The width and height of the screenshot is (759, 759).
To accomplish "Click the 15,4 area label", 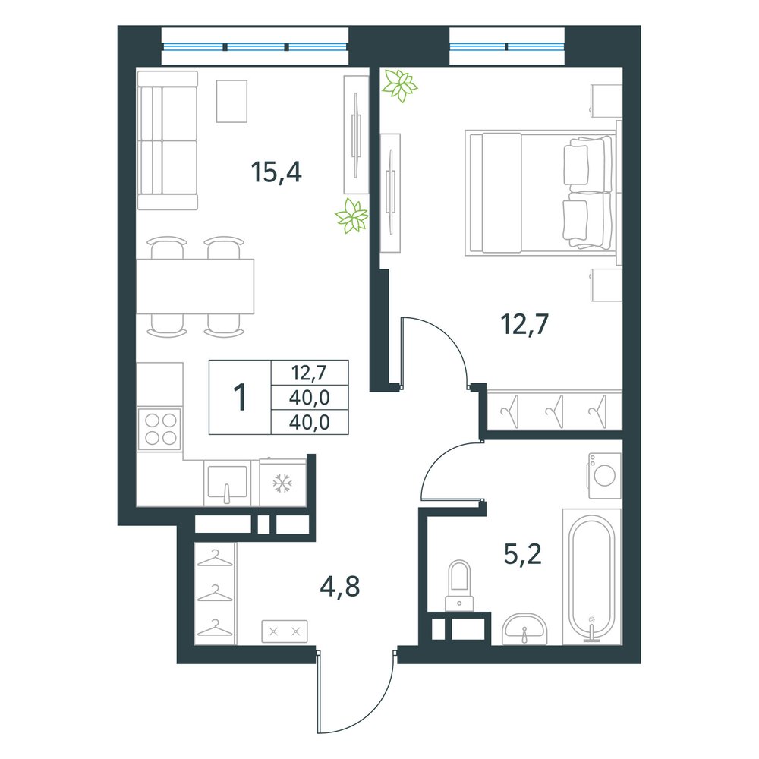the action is coord(276,172).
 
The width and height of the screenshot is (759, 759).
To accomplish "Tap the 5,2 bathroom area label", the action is coord(522,554).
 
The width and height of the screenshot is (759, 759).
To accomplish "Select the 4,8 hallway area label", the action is coord(340,587).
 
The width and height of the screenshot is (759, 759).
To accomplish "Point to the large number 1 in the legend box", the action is coord(240,397).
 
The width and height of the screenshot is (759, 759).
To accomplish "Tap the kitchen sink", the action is coord(227,483).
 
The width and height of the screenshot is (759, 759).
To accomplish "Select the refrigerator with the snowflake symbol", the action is coord(282,483).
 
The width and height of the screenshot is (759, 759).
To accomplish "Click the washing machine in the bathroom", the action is coord(605,476).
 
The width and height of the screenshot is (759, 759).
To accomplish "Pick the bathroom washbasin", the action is coord(524,629).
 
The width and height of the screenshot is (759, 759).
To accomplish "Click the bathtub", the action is coord(591,577).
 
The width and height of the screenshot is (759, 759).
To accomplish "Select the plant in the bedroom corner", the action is coord(399,85).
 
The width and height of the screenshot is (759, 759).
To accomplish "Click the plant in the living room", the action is coord(352,216).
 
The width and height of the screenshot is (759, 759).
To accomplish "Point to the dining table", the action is coord(195,286).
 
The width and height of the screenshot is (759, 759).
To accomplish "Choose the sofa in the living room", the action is coord(168,140).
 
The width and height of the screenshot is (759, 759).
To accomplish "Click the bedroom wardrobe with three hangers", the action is coord(554,410).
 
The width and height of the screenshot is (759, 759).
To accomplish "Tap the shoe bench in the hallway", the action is coord(285,631).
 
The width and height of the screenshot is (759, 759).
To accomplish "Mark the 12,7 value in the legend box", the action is coord(309,373).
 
